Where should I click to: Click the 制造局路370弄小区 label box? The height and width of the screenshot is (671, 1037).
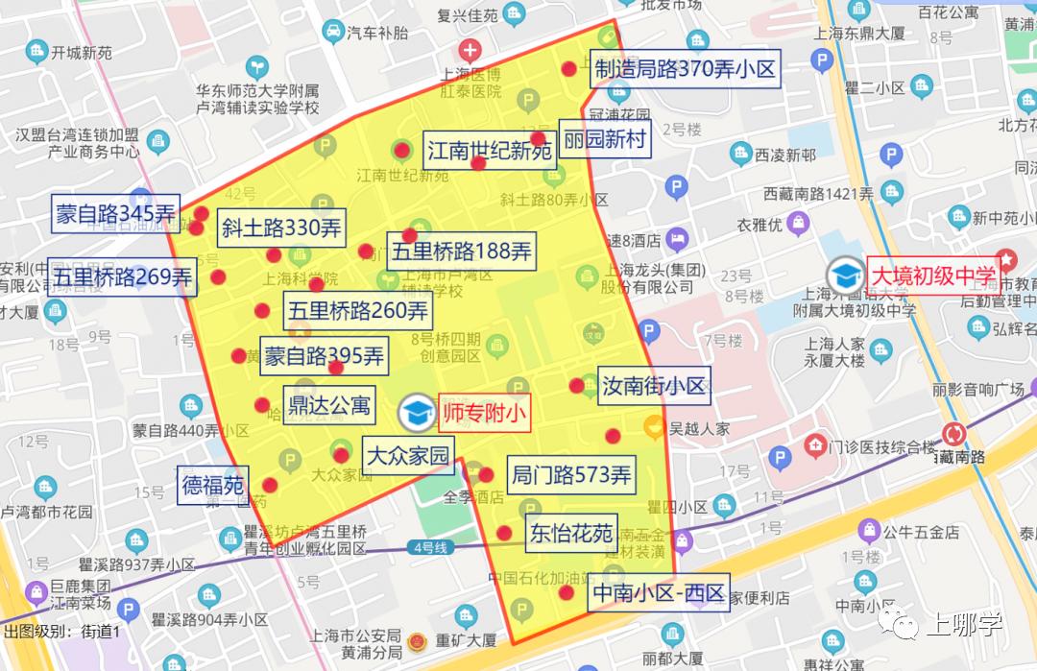tap(684, 69)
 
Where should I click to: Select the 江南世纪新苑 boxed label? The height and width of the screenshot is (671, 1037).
tap(490, 151)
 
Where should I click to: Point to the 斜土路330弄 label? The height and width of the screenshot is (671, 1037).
tap(281, 228)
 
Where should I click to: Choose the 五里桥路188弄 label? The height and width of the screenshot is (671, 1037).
tap(460, 252)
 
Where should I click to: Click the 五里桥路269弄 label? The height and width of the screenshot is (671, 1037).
tap(122, 277)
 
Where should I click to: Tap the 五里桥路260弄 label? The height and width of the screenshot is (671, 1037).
tap(358, 311)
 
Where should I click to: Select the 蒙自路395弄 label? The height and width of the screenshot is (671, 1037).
tap(324, 356)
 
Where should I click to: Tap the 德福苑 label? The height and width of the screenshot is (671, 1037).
tap(213, 485)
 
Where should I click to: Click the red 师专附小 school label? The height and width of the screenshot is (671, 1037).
tap(485, 413)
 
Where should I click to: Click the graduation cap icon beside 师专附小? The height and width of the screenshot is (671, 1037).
tap(417, 413)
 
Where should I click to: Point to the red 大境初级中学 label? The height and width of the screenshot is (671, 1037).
tap(933, 276)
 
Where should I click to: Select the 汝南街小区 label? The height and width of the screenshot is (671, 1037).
tap(654, 386)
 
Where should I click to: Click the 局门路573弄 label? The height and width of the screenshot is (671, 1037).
tap(570, 475)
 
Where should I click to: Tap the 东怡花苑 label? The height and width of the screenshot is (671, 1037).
tap(570, 533)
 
